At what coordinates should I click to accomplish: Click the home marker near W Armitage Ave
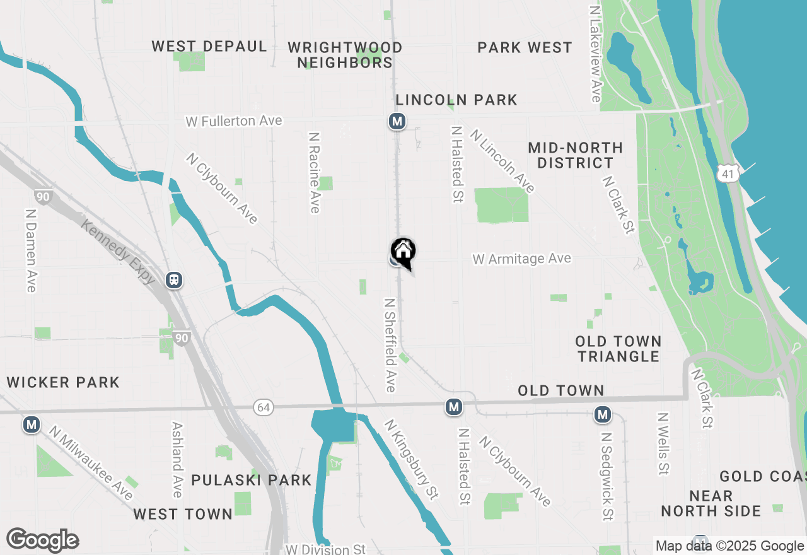(403, 251)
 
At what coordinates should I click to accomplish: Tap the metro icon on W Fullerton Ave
(397, 121)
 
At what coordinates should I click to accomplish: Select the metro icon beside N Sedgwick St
(603, 414)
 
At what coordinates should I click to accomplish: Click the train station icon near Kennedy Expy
(175, 280)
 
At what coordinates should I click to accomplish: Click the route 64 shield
(264, 407)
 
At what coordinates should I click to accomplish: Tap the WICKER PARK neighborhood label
(63, 382)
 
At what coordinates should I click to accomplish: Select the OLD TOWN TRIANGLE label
(618, 349)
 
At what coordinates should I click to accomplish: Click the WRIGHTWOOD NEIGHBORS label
(345, 55)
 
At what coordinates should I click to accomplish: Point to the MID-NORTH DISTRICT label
(575, 155)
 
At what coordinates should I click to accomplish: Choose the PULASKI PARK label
(252, 480)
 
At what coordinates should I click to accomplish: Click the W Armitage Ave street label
(522, 259)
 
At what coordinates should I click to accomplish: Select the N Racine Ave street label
(315, 172)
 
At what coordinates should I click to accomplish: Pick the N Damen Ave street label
(30, 250)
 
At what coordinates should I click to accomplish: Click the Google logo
(42, 540)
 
